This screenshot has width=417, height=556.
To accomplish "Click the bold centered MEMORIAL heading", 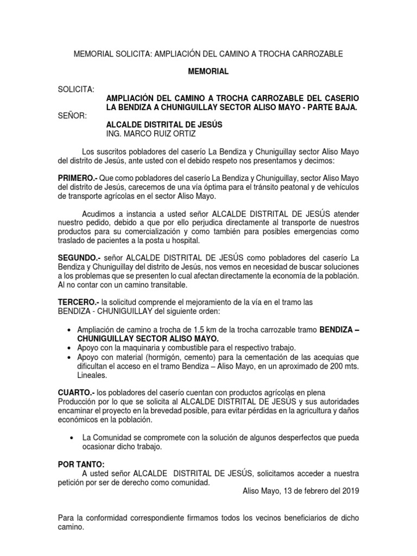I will point(208,71).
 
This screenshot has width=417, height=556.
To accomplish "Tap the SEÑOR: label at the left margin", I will point(72,116).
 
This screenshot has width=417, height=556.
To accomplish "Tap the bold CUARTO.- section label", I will point(77,391).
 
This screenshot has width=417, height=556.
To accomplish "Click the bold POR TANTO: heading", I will point(81,464).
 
